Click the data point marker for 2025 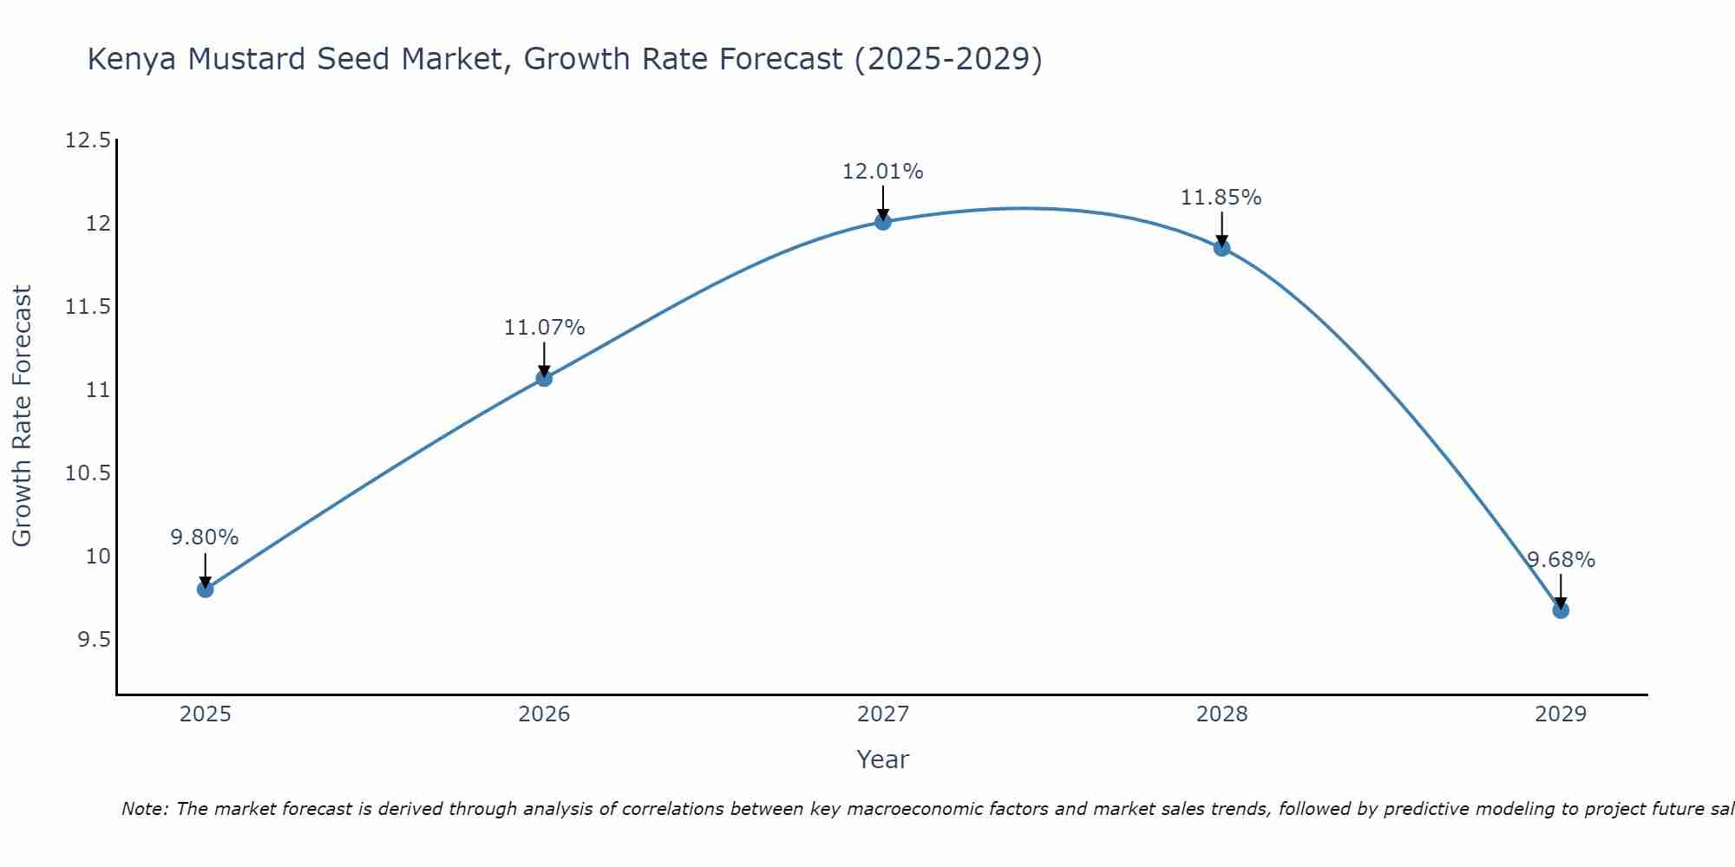pos(206,590)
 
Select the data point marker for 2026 pos(544,378)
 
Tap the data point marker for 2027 pos(883,222)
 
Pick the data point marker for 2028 pos(1221,248)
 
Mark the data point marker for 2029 pos(1561,610)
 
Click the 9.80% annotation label pos(205,538)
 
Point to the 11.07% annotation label pos(544,328)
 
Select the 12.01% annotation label pos(883,172)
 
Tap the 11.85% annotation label pos(1221,198)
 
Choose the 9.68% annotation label pos(1561,560)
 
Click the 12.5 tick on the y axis pos(88,140)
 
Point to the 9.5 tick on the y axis pos(95,640)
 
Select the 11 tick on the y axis pos(99,390)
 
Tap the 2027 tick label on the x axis pos(883,714)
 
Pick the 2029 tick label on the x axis pos(1561,714)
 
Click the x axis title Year pos(883,759)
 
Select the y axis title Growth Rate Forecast pos(22,416)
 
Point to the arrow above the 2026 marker pos(544,359)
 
